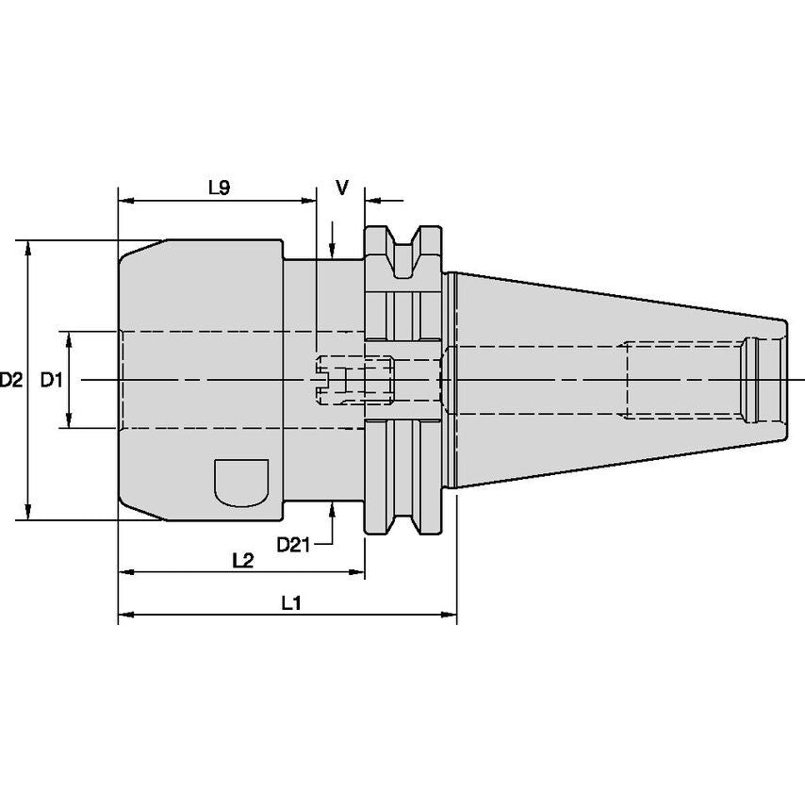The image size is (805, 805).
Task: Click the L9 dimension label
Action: pyautogui.click(x=219, y=188)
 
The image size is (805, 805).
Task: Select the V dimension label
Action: pyautogui.click(x=343, y=188)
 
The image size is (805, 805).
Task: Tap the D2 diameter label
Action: pyautogui.click(x=11, y=381)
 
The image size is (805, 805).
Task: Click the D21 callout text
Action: pyautogui.click(x=294, y=545)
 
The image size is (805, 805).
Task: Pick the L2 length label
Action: pyautogui.click(x=242, y=560)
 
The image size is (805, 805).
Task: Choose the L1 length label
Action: pyautogui.click(x=290, y=604)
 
